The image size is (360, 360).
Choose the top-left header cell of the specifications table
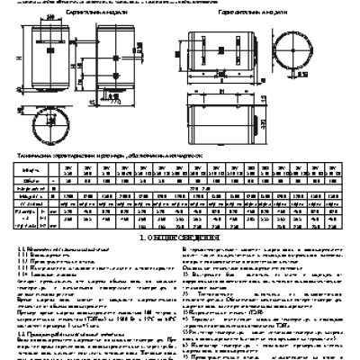(x=28, y=168)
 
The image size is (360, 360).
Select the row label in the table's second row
(x=28, y=178)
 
